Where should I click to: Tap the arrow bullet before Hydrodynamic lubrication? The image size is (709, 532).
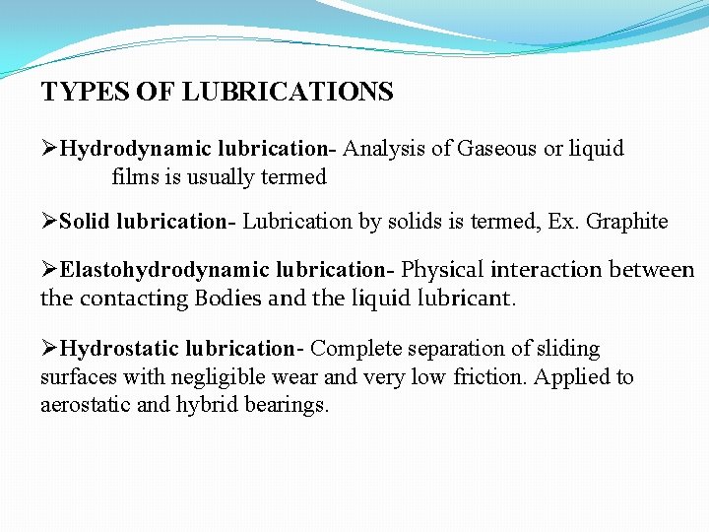pyautogui.click(x=48, y=149)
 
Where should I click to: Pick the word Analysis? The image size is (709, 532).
pyautogui.click(x=384, y=149)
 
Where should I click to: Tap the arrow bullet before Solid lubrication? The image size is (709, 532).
pyautogui.click(x=48, y=222)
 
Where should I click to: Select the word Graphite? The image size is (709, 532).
pyautogui.click(x=627, y=222)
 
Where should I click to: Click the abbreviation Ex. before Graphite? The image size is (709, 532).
pyautogui.click(x=563, y=222)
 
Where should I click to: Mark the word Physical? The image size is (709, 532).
pyautogui.click(x=442, y=270)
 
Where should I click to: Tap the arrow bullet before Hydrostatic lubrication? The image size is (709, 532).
pyautogui.click(x=48, y=349)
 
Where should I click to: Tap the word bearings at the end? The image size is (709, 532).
pyautogui.click(x=290, y=406)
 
